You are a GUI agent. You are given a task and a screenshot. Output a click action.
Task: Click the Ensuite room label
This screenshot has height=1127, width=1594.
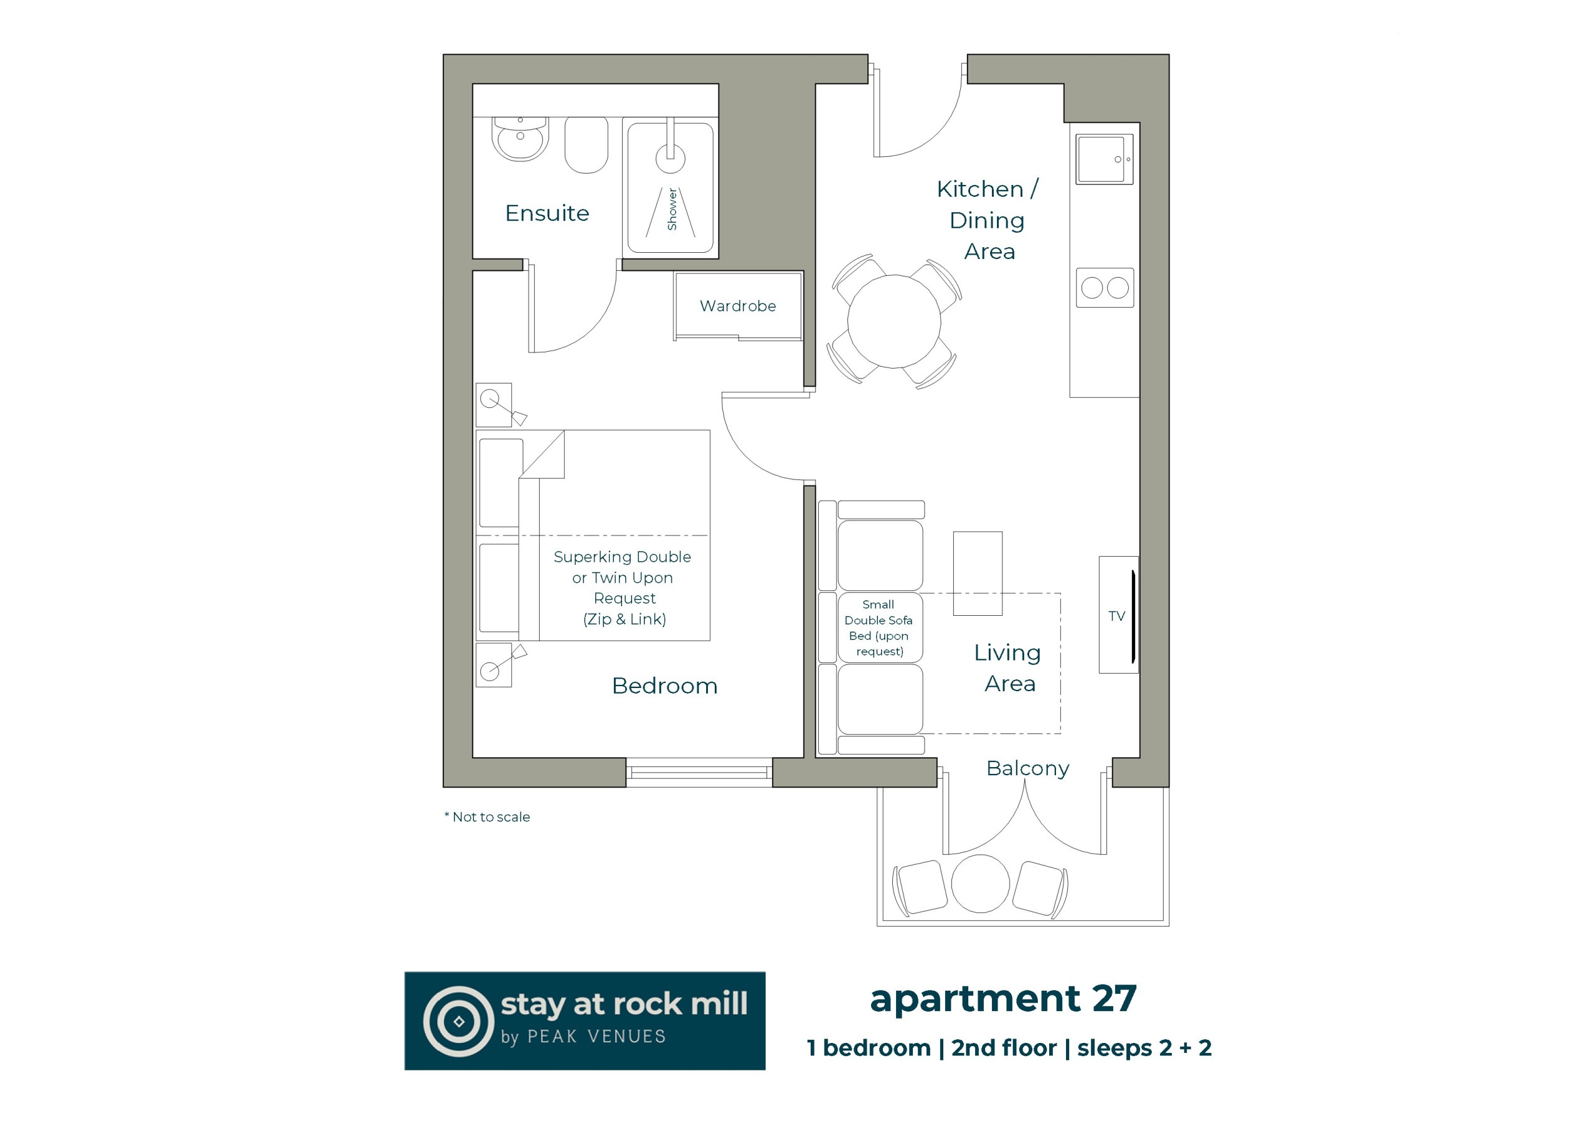pyautogui.click(x=547, y=213)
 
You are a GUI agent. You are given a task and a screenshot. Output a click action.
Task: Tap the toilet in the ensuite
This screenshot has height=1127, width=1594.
pyautogui.click(x=586, y=144)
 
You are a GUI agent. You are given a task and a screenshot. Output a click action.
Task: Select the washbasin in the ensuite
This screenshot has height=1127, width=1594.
pyautogui.click(x=520, y=139)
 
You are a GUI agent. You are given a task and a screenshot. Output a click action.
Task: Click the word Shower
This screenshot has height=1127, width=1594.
pyautogui.click(x=671, y=209)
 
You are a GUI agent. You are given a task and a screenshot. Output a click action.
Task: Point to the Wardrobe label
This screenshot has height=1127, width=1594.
pyautogui.click(x=738, y=306)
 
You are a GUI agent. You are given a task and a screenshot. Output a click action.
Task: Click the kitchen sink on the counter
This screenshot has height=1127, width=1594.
pyautogui.click(x=1104, y=159)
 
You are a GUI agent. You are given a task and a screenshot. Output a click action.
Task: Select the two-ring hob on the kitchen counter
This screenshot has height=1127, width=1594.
pyautogui.click(x=1105, y=288)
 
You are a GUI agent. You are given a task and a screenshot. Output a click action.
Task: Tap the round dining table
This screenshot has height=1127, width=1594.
pyautogui.click(x=894, y=321)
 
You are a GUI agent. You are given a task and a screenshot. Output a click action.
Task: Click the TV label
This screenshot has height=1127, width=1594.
pyautogui.click(x=1116, y=616)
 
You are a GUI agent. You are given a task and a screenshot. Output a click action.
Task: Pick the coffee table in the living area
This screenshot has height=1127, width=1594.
pyautogui.click(x=978, y=573)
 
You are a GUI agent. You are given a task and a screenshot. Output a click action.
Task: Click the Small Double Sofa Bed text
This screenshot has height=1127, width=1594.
pyautogui.click(x=879, y=628)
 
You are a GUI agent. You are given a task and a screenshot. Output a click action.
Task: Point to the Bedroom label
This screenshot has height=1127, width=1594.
pyautogui.click(x=664, y=686)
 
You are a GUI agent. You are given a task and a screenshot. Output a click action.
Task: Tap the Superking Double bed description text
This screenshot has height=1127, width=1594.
pyautogui.click(x=623, y=588)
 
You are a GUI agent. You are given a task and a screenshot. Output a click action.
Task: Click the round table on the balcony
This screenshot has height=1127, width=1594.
pyautogui.click(x=980, y=884)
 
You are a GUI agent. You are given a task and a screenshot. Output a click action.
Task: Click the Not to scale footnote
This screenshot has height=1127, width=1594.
pyautogui.click(x=488, y=818)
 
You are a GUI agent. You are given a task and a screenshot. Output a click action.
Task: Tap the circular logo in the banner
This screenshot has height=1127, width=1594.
pyautogui.click(x=458, y=1021)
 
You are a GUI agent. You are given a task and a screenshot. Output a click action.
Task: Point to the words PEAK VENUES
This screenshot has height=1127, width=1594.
pyautogui.click(x=597, y=1037)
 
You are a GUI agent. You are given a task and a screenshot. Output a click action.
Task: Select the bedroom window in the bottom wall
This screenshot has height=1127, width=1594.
pyautogui.click(x=699, y=773)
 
